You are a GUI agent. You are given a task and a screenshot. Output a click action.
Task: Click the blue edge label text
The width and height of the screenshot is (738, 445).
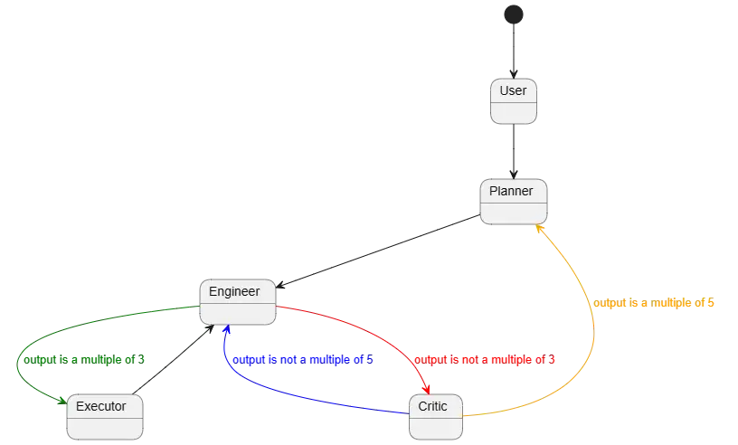click(x=303, y=359)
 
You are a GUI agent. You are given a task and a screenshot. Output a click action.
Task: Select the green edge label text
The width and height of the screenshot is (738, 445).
click(x=81, y=359)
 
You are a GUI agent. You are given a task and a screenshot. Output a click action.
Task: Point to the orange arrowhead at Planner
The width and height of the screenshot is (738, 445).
click(x=539, y=230)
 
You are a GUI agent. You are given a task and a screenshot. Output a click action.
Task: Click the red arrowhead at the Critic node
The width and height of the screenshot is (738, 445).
click(x=426, y=388)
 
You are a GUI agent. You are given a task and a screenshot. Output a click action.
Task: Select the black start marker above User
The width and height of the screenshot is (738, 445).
click(x=513, y=13)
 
